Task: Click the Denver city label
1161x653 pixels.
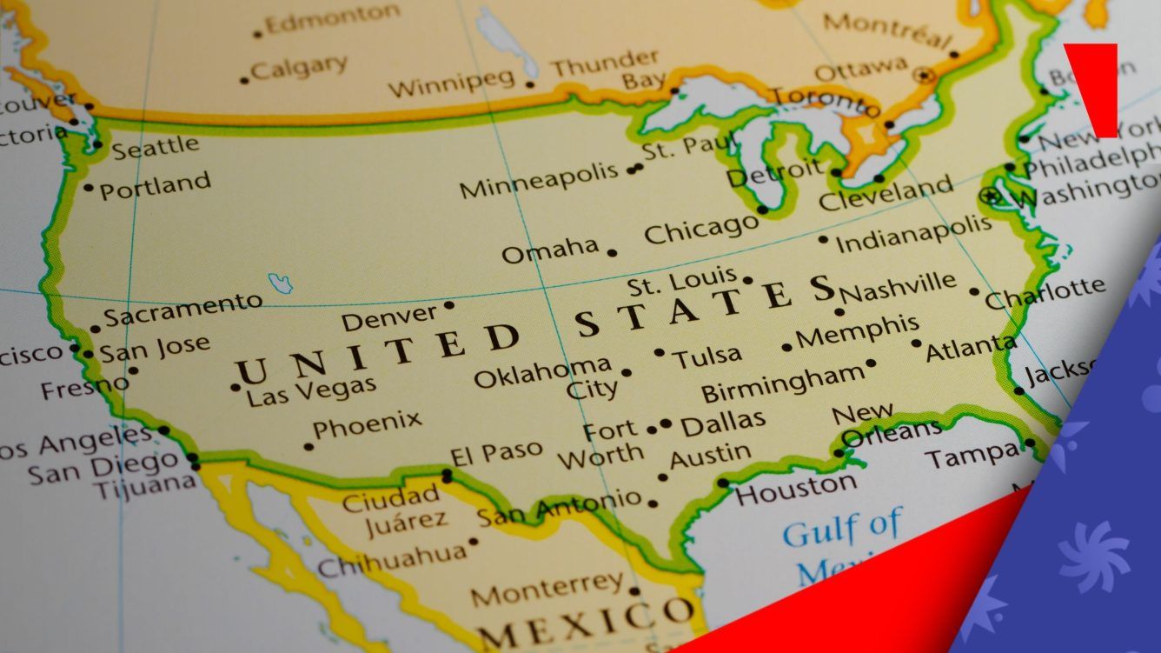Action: pos(388,317)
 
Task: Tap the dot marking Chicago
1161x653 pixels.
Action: pos(762,210)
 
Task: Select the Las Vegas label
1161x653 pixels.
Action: pos(311,392)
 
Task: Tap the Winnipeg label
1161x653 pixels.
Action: pos(451,83)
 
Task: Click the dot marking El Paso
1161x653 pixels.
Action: pos(447,476)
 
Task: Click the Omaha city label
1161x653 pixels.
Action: pos(550,250)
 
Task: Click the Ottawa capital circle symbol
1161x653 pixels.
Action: pos(925,76)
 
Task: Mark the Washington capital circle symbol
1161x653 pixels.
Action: pos(990,196)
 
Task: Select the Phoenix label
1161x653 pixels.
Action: pos(367,426)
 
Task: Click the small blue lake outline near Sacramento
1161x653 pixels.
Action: pos(280,283)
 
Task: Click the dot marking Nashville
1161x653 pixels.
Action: pos(839,312)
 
